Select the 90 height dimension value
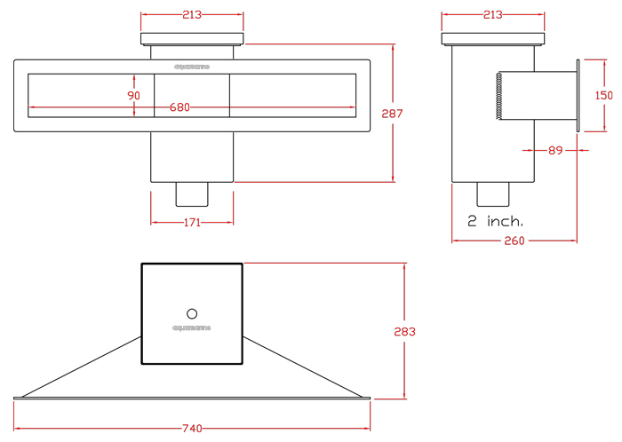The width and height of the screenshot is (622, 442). [134, 95]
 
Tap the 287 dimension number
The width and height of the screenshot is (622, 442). [392, 114]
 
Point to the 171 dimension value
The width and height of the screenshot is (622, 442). [192, 221]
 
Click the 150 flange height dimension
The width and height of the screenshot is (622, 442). [604, 95]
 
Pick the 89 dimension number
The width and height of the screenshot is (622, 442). [555, 150]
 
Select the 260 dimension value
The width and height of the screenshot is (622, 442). [515, 241]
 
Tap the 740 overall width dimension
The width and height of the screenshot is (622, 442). [192, 429]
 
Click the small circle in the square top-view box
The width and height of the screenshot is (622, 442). [192, 312]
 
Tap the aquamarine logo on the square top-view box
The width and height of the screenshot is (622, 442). [192, 328]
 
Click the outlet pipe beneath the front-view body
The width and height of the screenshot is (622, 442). [192, 193]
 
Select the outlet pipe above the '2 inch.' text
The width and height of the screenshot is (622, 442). [494, 193]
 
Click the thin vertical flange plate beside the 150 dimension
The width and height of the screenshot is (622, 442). [578, 95]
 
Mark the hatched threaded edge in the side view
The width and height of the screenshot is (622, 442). [499, 95]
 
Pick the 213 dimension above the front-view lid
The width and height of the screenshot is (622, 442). [192, 15]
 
